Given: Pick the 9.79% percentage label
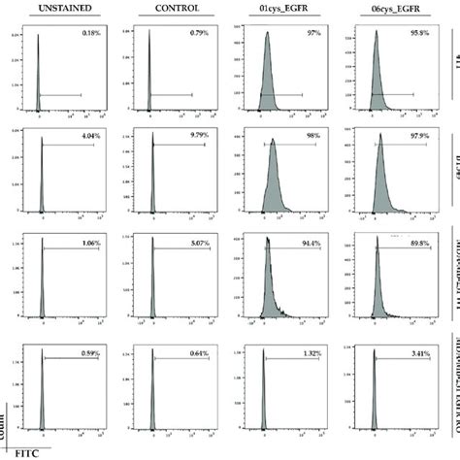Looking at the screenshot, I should [x=203, y=138].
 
